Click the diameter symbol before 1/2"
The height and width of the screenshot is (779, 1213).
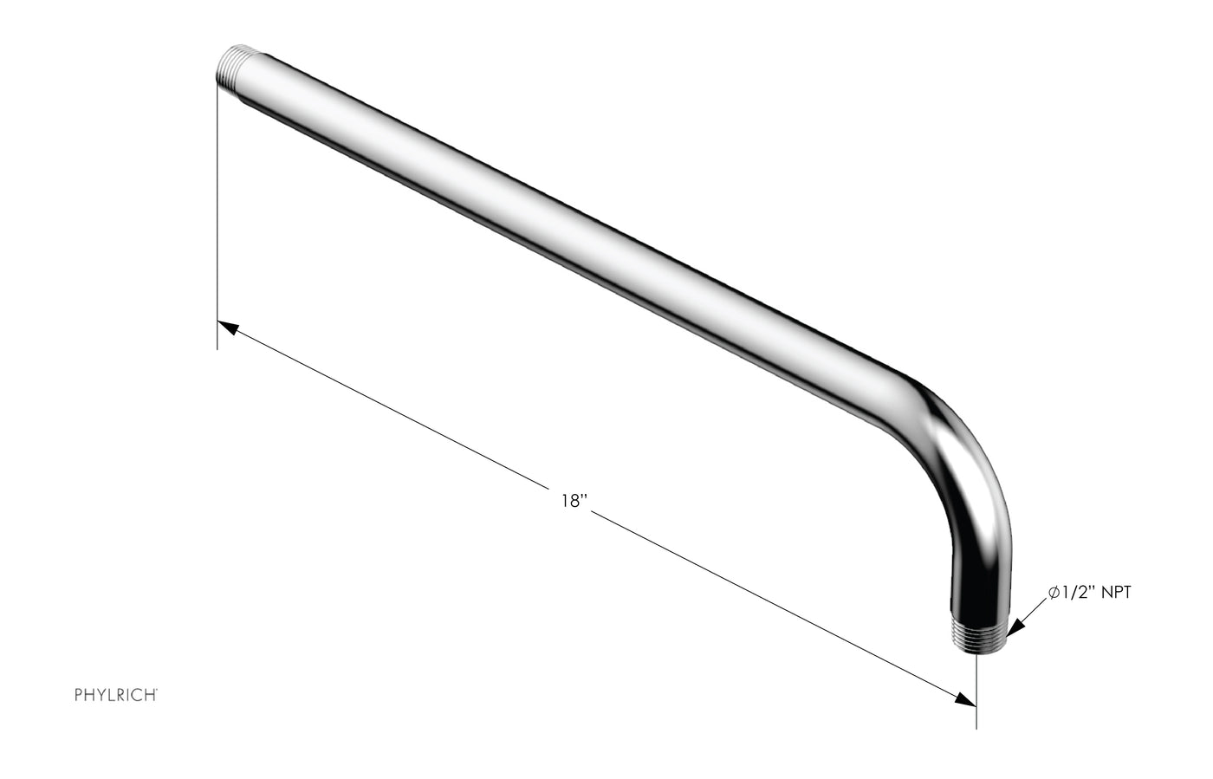pos(1054,593)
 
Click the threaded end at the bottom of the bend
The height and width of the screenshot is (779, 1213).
pos(980,636)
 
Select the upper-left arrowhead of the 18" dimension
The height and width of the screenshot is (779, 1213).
pos(228,328)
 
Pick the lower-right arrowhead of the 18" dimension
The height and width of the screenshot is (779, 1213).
pos(965,699)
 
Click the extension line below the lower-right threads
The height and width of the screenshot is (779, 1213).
pos(976,693)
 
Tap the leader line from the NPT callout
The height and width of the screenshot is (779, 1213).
pos(1034,608)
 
